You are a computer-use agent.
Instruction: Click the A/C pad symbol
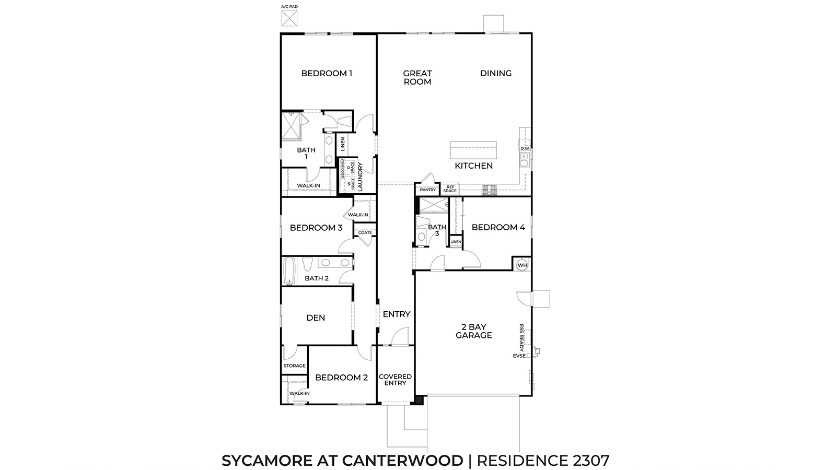click(288, 18)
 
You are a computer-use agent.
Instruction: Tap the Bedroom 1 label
click(327, 73)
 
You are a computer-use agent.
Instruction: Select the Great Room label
click(417, 77)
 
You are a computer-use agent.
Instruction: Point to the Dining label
click(496, 73)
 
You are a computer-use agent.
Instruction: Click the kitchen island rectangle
click(473, 150)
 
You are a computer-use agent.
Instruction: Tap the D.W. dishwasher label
click(525, 148)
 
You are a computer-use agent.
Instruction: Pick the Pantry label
click(427, 190)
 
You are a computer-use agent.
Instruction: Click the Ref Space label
click(450, 189)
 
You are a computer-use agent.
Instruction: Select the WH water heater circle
click(522, 265)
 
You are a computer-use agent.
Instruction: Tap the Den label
click(316, 318)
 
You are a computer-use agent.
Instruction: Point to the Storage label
click(294, 366)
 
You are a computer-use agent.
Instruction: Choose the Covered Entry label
click(395, 380)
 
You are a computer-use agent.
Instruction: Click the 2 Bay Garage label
click(473, 331)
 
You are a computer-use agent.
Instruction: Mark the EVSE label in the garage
click(519, 356)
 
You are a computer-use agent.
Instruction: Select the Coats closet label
click(365, 233)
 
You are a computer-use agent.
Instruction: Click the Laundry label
click(360, 176)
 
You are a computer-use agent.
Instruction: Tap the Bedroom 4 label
click(498, 227)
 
